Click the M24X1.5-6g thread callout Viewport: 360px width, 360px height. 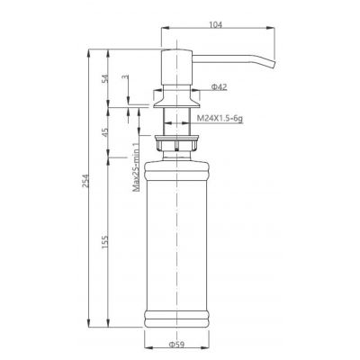(x=224, y=117)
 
